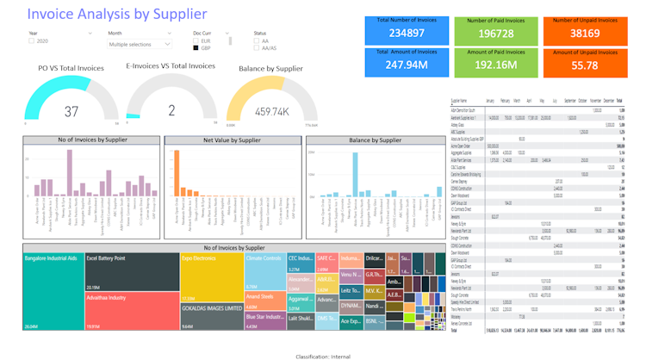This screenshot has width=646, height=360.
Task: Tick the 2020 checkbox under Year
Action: point(32,41)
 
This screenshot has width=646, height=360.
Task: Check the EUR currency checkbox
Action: point(196,40)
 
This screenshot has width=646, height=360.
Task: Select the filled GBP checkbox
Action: point(196,47)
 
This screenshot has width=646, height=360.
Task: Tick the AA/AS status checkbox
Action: point(257,47)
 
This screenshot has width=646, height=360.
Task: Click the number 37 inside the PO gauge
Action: point(71,111)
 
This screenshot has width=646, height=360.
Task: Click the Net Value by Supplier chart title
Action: point(232,140)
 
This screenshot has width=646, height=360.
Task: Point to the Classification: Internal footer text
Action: point(322,354)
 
